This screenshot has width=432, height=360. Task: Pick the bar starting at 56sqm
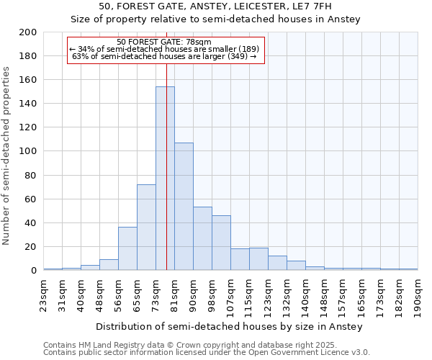click(127, 249)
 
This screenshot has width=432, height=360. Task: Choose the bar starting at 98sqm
click(221, 243)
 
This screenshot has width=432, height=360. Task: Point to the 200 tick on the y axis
click(28, 32)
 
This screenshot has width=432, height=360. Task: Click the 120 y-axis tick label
click(28, 127)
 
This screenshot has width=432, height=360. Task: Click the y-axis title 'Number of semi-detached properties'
click(7, 156)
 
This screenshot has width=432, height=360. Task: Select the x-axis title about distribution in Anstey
click(229, 327)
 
